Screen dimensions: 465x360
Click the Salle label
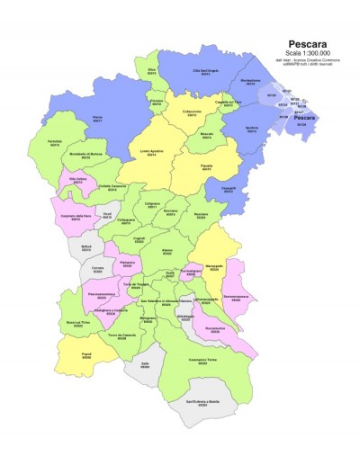coord(145,364)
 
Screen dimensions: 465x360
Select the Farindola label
coord(55,142)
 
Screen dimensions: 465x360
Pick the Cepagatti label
coord(229,190)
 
